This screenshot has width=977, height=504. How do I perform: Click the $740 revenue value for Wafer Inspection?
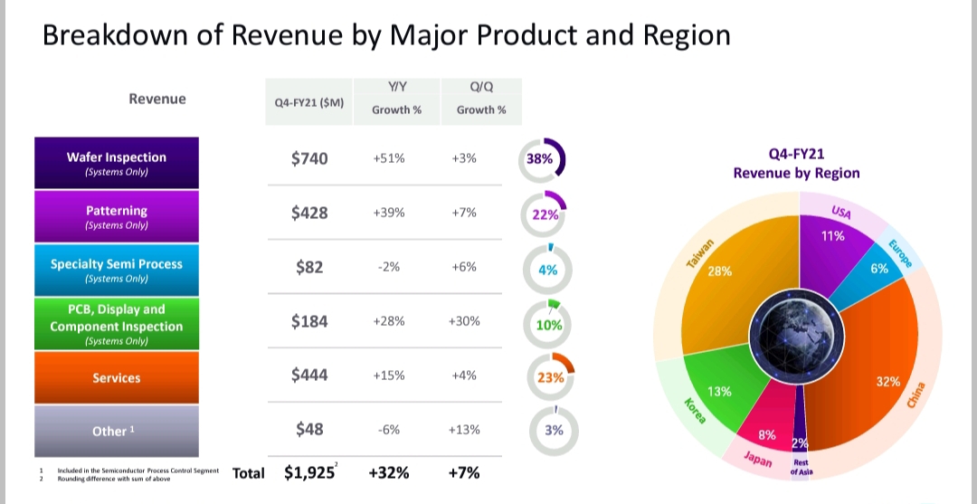pyautogui.click(x=309, y=158)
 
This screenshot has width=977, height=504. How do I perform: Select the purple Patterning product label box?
pyautogui.click(x=117, y=216)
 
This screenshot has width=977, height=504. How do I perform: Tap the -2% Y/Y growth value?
pyautogui.click(x=388, y=267)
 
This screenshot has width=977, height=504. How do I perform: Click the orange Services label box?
pyautogui.click(x=117, y=377)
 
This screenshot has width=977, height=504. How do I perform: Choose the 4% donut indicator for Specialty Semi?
pyautogui.click(x=547, y=270)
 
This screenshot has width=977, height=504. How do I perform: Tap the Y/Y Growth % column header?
pyautogui.click(x=398, y=99)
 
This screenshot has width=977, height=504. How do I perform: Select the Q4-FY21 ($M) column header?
pyautogui.click(x=309, y=103)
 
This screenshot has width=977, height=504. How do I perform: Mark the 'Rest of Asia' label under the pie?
pyautogui.click(x=801, y=467)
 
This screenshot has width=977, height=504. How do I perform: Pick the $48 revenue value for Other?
pyautogui.click(x=309, y=430)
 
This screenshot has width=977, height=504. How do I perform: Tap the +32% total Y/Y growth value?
pyautogui.click(x=388, y=472)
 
